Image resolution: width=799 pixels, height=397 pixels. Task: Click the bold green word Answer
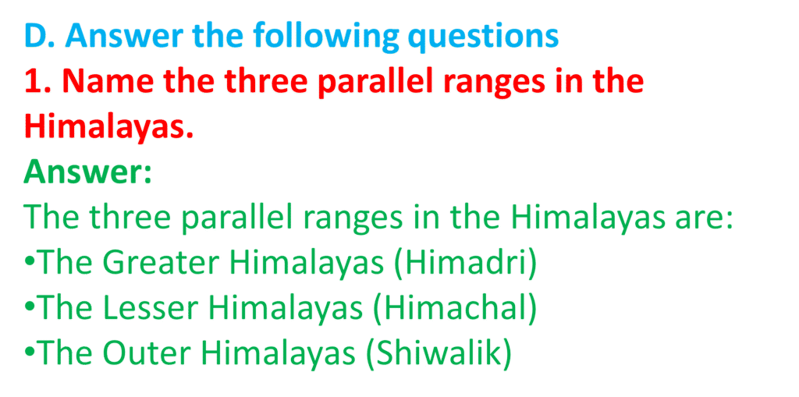[83, 172]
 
